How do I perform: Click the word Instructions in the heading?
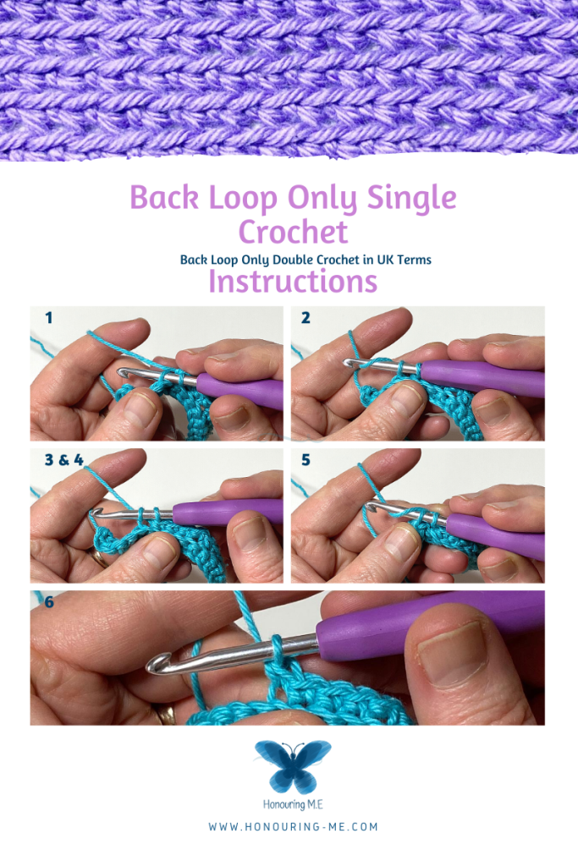pos(292,281)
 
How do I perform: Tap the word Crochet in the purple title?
pos(293,232)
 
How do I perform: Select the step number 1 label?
pos(49,318)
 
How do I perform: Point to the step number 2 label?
pos(306,318)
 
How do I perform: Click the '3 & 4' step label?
pos(63,459)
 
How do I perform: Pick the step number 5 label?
pos(306,459)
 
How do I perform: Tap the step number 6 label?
pos(49,601)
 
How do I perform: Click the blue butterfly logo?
pos(293,766)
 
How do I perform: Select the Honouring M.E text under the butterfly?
pos(293,805)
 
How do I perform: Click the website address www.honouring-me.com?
pos(293,827)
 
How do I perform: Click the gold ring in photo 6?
pos(167,714)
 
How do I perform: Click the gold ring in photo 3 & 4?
pos(100,557)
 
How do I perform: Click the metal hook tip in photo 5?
pos(370,507)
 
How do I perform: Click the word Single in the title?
pos(411,198)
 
